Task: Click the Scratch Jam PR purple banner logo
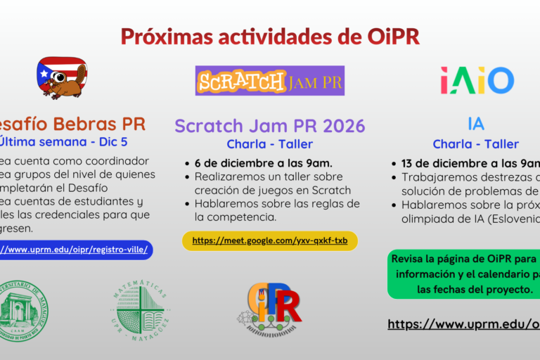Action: coord(270,81)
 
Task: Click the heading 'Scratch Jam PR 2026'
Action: coord(270,126)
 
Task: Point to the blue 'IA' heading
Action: coord(476,124)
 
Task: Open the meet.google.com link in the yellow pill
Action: coord(270,240)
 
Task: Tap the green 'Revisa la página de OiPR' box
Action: coord(464,274)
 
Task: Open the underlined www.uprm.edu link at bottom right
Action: coord(464,324)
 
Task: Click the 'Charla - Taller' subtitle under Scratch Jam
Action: coord(270,144)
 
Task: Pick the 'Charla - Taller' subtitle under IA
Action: coord(476,144)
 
